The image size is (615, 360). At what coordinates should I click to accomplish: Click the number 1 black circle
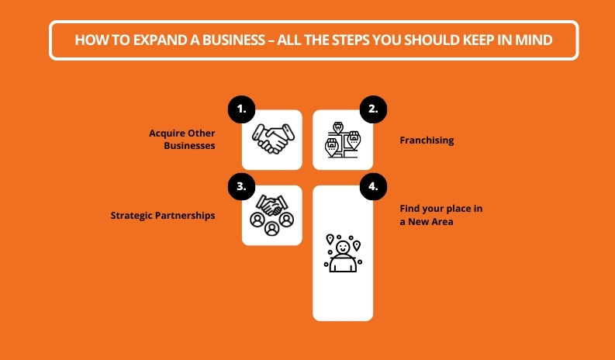pyautogui.click(x=242, y=109)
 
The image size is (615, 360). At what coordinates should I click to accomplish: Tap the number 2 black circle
pyautogui.click(x=372, y=109)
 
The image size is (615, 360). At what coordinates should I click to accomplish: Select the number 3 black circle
pyautogui.click(x=242, y=186)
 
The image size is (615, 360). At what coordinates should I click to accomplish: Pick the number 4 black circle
pyautogui.click(x=372, y=186)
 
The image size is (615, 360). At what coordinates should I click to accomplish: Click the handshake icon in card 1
pyautogui.click(x=271, y=140)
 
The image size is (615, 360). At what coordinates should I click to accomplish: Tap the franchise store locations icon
pyautogui.click(x=342, y=140)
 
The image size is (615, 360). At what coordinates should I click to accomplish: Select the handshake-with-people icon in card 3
pyautogui.click(x=271, y=215)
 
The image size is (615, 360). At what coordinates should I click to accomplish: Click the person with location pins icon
pyautogui.click(x=342, y=253)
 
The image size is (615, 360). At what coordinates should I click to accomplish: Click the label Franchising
pyautogui.click(x=427, y=140)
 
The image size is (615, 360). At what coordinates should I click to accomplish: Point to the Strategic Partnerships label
pyautogui.click(x=163, y=215)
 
